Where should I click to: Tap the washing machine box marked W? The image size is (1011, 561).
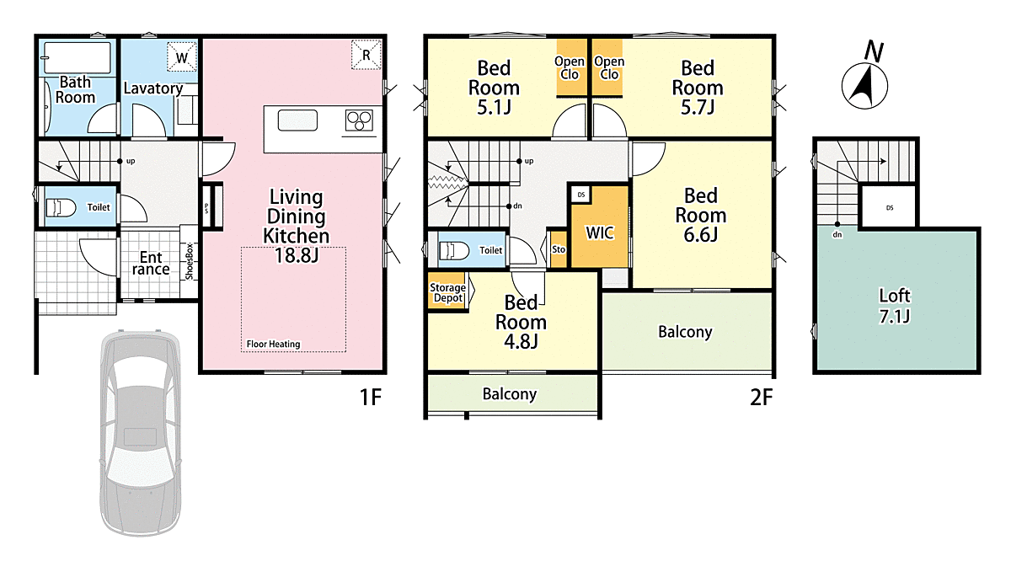pyautogui.click(x=182, y=56)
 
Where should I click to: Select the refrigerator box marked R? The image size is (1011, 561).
pyautogui.click(x=366, y=55)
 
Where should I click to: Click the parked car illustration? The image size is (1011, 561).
pyautogui.click(x=141, y=433)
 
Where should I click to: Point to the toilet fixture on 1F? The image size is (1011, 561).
pyautogui.click(x=61, y=208)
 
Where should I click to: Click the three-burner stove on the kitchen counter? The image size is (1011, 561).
pyautogui.click(x=359, y=120)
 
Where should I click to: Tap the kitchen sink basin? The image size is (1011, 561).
pyautogui.click(x=297, y=120)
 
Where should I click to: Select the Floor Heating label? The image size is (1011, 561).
pyautogui.click(x=273, y=344)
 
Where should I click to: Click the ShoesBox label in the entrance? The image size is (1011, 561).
pyautogui.click(x=189, y=261)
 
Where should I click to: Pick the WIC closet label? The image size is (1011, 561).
pyautogui.click(x=600, y=232)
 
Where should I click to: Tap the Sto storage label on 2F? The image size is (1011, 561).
pyautogui.click(x=559, y=249)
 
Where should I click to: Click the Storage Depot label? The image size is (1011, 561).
pyautogui.click(x=447, y=293)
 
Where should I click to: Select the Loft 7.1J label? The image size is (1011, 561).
pyautogui.click(x=895, y=306)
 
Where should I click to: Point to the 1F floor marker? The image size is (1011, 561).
pyautogui.click(x=371, y=398)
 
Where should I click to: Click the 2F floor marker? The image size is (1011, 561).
pyautogui.click(x=761, y=398)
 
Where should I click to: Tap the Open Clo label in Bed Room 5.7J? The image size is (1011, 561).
pyautogui.click(x=609, y=67)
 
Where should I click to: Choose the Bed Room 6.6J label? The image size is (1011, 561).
pyautogui.click(x=700, y=215)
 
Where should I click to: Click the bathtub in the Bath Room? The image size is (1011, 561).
pyautogui.click(x=78, y=58)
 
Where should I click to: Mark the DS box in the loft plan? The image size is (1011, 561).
pyautogui.click(x=889, y=207)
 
